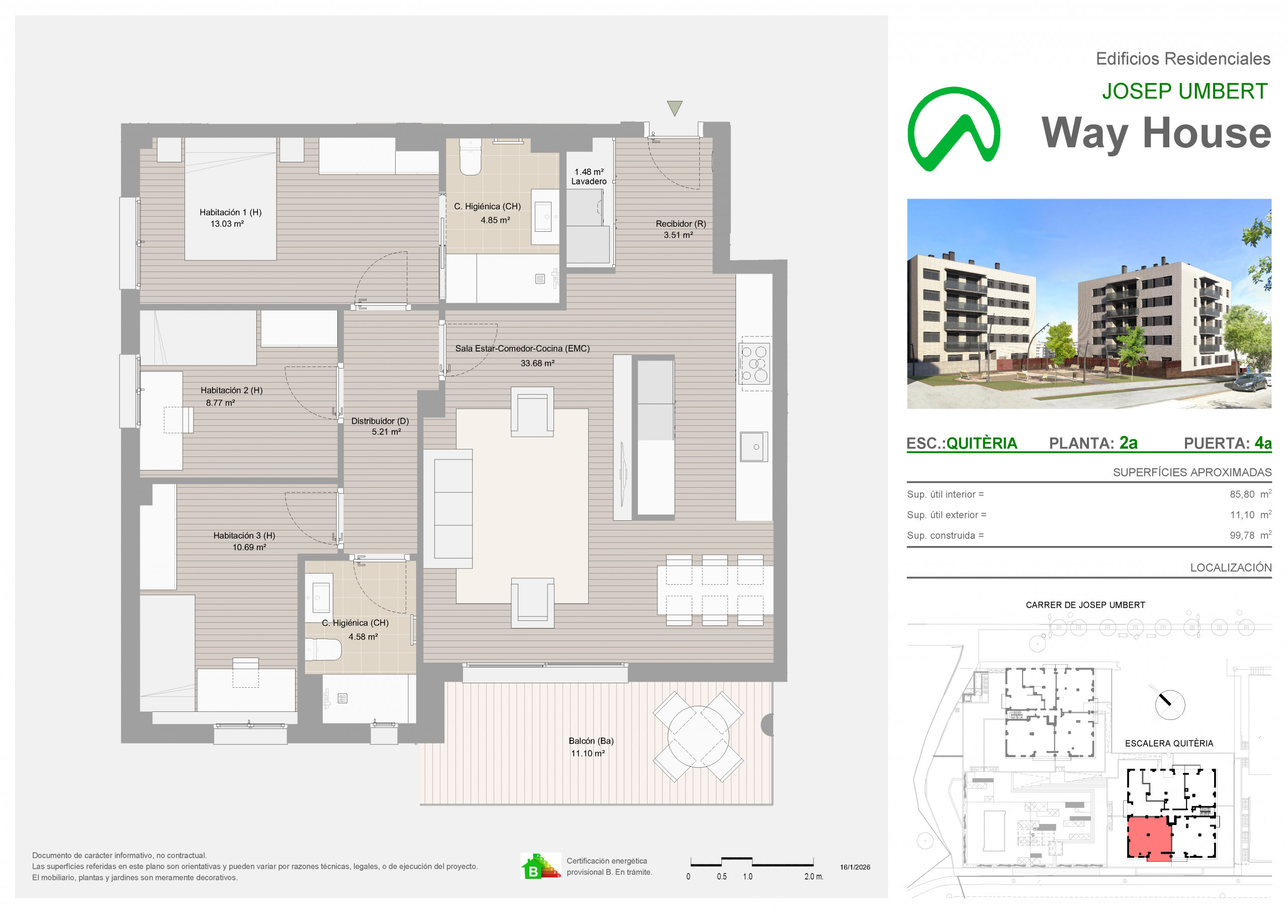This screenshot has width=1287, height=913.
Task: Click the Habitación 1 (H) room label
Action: click(x=230, y=213)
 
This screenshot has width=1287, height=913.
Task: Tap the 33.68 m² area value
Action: click(x=537, y=363)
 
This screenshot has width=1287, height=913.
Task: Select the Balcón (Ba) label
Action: click(x=591, y=741)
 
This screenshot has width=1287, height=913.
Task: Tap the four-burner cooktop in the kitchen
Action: click(x=754, y=363)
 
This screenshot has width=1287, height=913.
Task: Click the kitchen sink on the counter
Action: click(x=754, y=447)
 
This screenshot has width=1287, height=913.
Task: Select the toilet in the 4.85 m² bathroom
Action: click(x=471, y=157)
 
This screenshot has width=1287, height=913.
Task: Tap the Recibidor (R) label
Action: click(x=681, y=224)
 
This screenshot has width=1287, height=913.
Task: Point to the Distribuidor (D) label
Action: click(x=380, y=421)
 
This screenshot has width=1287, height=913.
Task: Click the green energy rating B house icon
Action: click(x=540, y=866)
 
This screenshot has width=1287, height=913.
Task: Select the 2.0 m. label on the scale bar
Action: click(x=813, y=876)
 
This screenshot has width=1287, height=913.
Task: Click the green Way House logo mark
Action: click(x=954, y=129)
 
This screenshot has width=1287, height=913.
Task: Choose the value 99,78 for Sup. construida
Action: click(x=1242, y=536)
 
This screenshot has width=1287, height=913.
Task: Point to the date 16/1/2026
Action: click(x=855, y=867)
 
